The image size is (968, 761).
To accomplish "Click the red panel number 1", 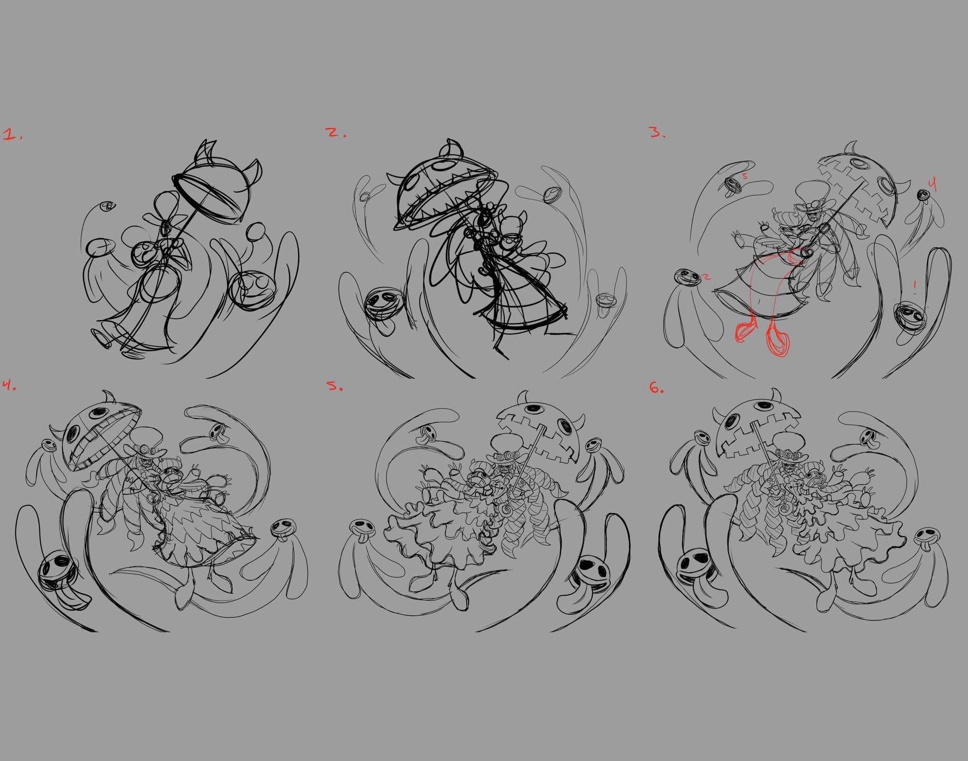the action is pyautogui.click(x=12, y=135).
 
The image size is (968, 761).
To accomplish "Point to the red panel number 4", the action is pyautogui.click(x=9, y=385).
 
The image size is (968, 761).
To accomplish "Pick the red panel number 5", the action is pyautogui.click(x=334, y=386).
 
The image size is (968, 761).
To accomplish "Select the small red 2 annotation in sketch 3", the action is pyautogui.click(x=707, y=278).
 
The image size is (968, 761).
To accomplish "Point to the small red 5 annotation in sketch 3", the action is pyautogui.click(x=745, y=176).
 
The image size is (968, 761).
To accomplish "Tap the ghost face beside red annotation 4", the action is pyautogui.click(x=923, y=195).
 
